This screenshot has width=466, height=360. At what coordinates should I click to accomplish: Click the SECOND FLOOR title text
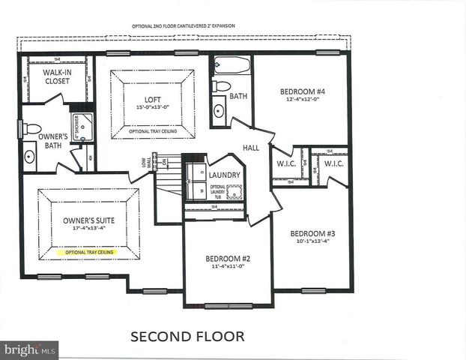pos(187,336)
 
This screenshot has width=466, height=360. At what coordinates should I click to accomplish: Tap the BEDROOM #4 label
pos(303,91)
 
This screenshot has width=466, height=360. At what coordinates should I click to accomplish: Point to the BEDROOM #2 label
pos(228,259)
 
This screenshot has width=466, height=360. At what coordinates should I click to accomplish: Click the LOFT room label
pos(153,99)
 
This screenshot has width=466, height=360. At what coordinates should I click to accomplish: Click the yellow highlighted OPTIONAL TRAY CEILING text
pos(88,253)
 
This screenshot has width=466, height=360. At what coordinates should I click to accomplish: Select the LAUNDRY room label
pos(225,175)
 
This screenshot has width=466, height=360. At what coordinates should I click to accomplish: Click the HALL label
pos(251,148)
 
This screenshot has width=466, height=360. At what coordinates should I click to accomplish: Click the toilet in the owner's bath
pos(31,129)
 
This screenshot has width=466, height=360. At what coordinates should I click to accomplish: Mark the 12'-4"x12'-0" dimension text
pos(303,100)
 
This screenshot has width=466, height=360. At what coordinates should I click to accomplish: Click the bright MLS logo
pos(29,349)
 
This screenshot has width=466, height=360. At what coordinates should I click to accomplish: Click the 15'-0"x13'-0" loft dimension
pos(153,108)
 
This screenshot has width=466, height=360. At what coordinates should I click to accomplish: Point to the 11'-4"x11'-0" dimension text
pos(228,267)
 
